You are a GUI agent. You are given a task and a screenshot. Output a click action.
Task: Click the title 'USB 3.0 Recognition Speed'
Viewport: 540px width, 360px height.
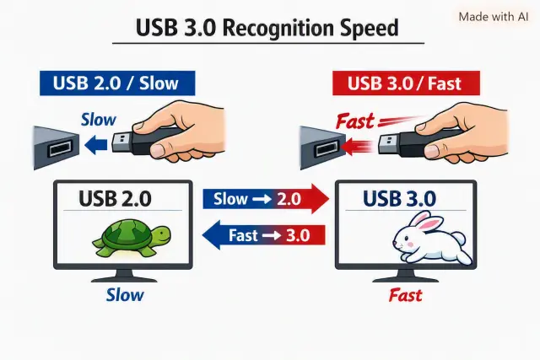pos(267,28)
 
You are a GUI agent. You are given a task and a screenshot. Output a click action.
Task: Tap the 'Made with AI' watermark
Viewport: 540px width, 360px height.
pos(493,17)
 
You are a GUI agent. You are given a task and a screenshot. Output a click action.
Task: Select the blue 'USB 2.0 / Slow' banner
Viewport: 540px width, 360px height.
pos(117,83)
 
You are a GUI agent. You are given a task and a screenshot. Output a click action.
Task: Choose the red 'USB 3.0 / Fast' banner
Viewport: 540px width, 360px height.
pos(406,83)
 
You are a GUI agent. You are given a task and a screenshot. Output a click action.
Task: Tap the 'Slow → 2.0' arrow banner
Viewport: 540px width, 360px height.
pos(266,199)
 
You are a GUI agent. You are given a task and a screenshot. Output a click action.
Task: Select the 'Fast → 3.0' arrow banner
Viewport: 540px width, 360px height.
pos(263,235)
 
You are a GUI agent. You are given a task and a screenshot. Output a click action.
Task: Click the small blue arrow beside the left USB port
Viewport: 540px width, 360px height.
pos(95,144)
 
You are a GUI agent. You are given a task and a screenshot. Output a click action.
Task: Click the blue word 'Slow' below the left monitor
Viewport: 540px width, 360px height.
pos(125,295)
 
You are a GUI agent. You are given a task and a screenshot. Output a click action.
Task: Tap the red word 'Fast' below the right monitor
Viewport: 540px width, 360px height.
pos(405,295)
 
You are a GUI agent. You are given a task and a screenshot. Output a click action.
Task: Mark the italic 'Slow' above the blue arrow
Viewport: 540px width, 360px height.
pos(99,120)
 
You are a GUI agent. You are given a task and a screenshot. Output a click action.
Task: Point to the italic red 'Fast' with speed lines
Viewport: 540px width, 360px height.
pos(355,121)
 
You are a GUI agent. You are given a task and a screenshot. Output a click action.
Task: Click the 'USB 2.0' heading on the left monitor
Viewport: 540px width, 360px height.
pos(115,198)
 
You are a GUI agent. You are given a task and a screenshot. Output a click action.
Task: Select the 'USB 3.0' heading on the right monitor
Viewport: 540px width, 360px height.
pos(399,198)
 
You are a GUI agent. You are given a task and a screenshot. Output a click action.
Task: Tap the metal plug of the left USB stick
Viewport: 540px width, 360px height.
pos(122,142)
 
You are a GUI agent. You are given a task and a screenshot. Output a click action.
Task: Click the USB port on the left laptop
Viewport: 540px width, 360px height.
pos(61,148)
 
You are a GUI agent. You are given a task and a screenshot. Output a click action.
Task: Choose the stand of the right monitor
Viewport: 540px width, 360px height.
pos(406,276)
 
